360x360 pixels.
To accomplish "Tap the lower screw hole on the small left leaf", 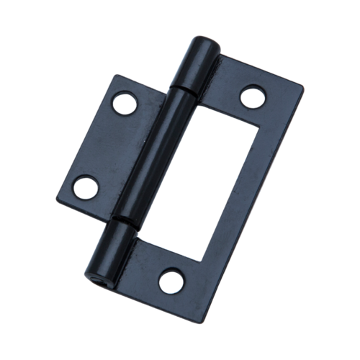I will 88,185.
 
